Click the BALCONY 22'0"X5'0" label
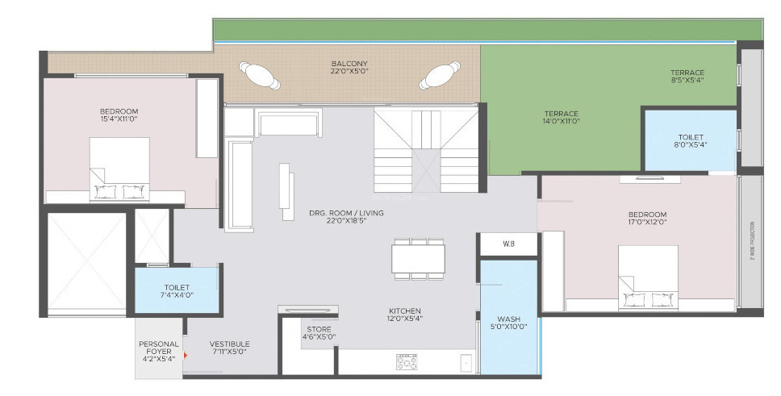tap(349, 68)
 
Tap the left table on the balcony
tap(261, 76)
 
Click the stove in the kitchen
tap(407, 362)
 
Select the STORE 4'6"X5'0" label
tap(319, 332)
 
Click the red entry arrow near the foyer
tap(186, 354)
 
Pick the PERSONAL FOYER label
tap(158, 352)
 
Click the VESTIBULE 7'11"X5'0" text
tap(229, 348)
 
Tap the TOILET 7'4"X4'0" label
tap(176, 291)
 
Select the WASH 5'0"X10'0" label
tap(508, 323)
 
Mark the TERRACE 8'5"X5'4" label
tap(687, 77)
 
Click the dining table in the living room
tap(418, 259)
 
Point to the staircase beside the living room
tap(426, 150)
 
